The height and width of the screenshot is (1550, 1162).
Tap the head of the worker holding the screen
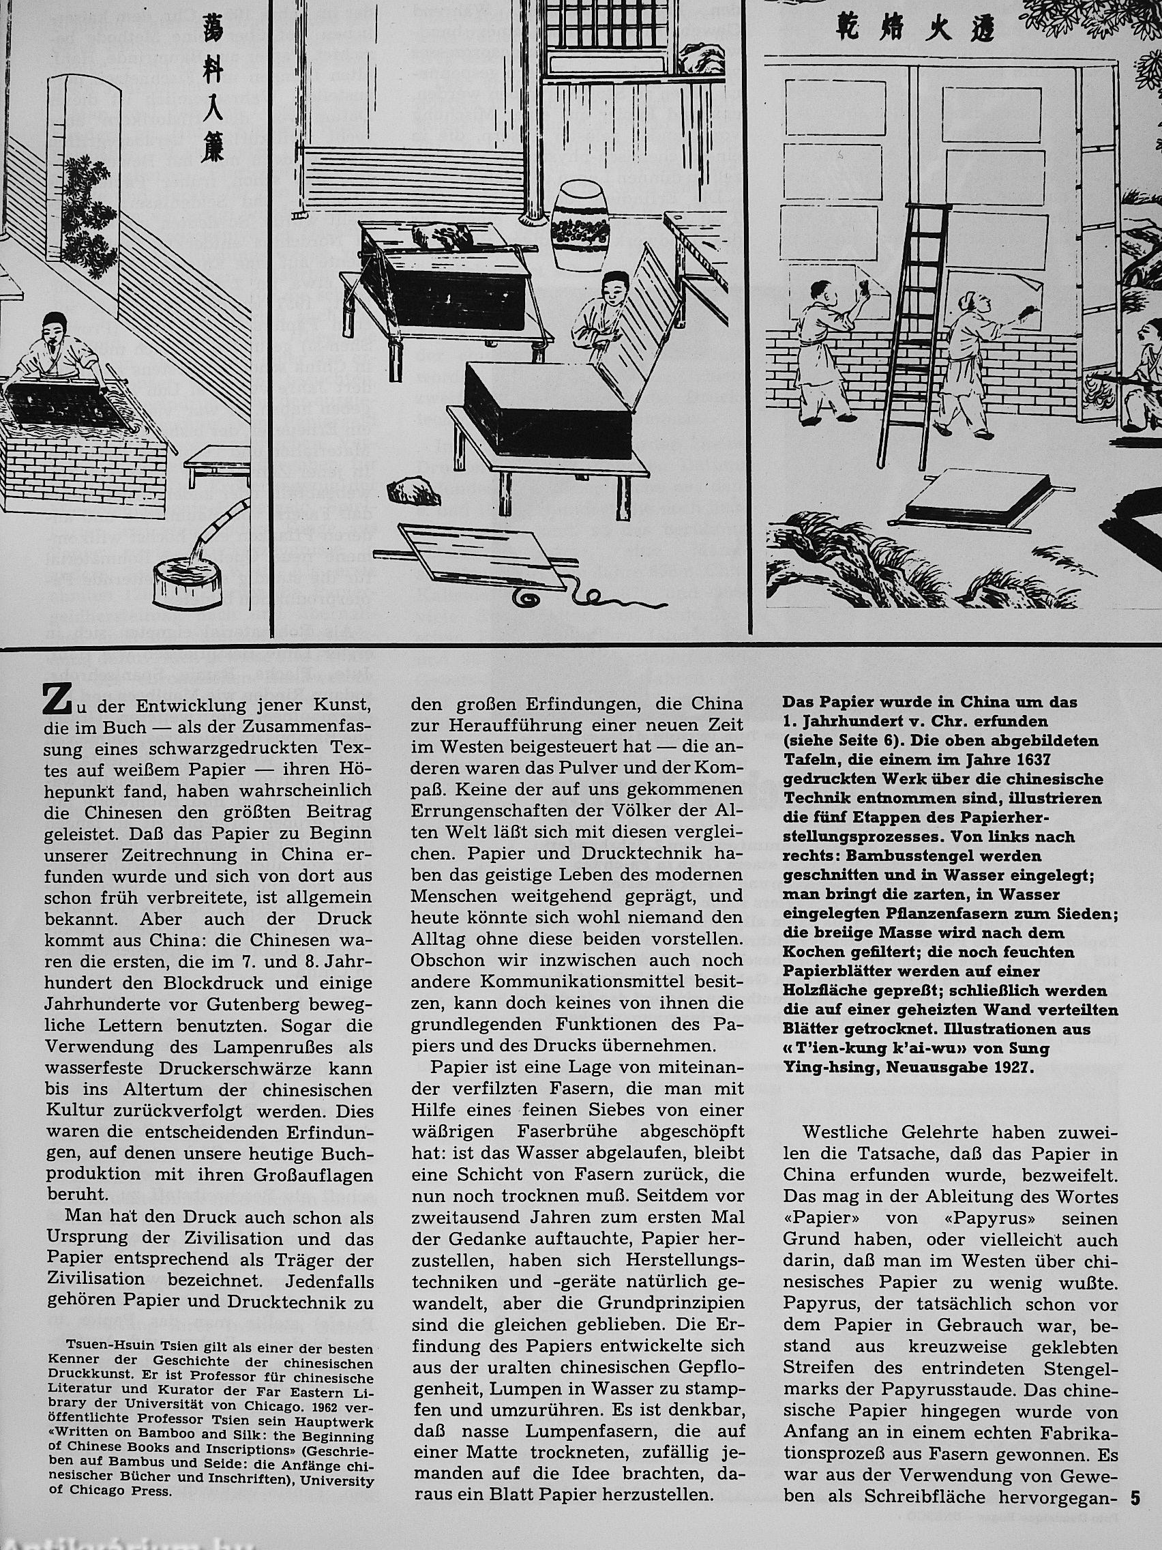[x=613, y=288]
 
